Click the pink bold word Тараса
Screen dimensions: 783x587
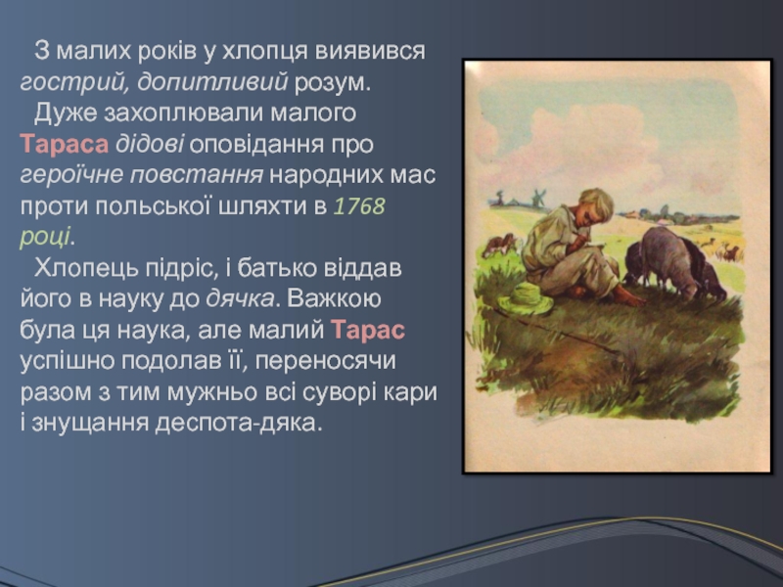[x=65, y=144]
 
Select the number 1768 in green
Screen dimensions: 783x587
[x=359, y=206]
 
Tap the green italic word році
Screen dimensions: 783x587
[x=45, y=237]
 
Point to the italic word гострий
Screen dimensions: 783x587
[x=72, y=83]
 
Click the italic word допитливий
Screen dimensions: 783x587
[x=212, y=83]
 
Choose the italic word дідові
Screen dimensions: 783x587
[x=150, y=144]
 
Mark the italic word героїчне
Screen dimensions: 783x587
[x=70, y=175]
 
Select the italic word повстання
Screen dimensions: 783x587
[x=197, y=175]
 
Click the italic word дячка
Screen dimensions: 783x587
[x=240, y=299]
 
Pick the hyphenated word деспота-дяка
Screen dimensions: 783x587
[x=235, y=424]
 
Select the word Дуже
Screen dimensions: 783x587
[x=66, y=113]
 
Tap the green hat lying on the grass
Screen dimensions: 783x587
[x=526, y=298]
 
